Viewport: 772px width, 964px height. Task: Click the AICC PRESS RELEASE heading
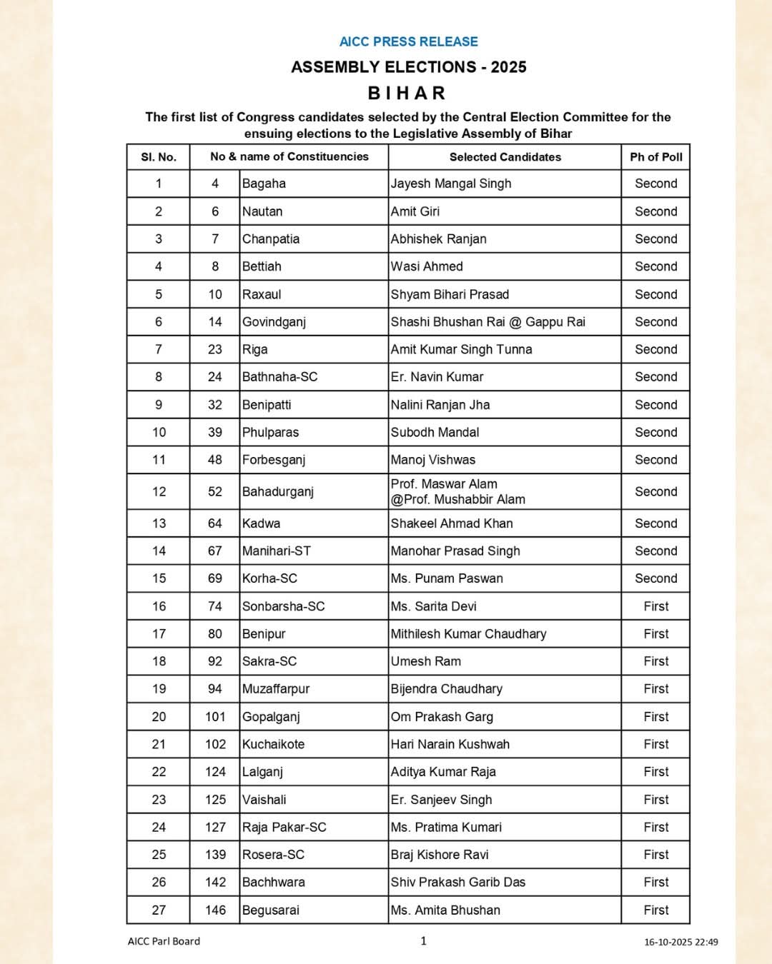click(408, 41)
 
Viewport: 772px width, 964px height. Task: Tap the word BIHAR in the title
click(407, 93)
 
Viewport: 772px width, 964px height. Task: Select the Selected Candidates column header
click(505, 157)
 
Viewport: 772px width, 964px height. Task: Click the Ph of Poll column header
click(655, 157)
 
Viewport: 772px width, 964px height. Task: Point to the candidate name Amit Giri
click(415, 211)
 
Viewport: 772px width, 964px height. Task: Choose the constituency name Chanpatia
click(271, 239)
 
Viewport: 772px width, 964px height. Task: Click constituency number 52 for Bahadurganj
click(214, 492)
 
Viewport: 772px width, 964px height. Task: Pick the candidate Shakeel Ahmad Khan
click(452, 523)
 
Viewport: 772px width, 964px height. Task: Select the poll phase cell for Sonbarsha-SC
click(655, 606)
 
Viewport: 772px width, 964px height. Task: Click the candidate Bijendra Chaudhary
click(447, 689)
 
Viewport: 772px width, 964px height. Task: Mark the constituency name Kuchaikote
click(273, 744)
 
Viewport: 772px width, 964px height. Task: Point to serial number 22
click(159, 772)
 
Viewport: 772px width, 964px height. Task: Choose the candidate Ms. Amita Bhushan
click(445, 910)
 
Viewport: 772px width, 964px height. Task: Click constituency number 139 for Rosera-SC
click(215, 855)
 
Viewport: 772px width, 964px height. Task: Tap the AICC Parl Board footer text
click(164, 941)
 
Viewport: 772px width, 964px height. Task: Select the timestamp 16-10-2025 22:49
click(681, 942)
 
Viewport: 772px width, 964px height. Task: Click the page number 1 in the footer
click(423, 940)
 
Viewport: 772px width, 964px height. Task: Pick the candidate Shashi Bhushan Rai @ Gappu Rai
click(488, 322)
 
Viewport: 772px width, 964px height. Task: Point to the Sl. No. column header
click(158, 157)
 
